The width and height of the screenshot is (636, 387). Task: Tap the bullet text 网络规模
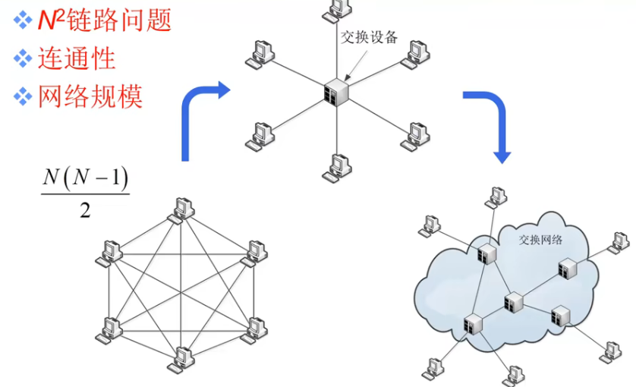point(90,96)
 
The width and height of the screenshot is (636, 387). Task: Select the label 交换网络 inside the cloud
point(540,240)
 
